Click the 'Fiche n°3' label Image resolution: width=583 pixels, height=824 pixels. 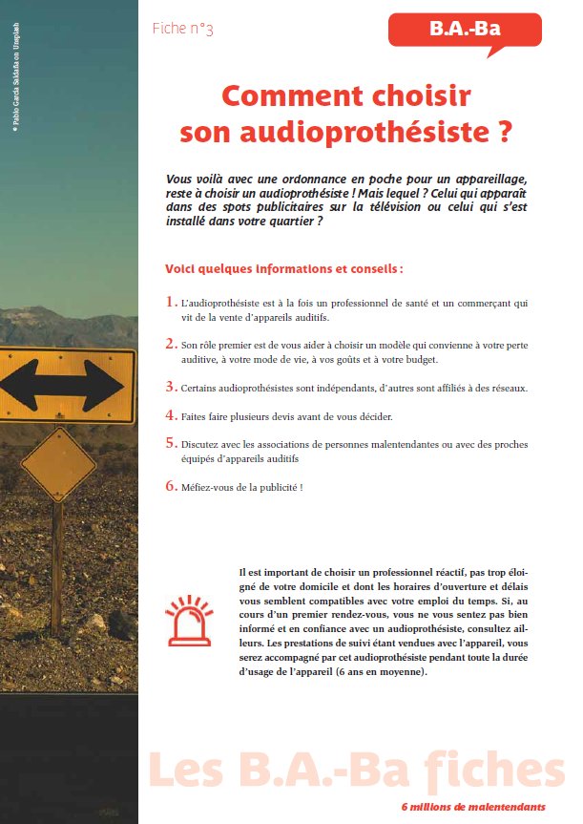click(182, 30)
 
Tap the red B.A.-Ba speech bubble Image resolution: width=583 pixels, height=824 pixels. click(466, 30)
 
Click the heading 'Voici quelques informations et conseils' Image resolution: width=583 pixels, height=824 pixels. click(283, 268)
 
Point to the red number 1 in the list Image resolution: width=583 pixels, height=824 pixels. click(171, 303)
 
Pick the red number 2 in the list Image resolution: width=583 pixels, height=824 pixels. click(171, 344)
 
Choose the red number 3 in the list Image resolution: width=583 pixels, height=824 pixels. click(171, 387)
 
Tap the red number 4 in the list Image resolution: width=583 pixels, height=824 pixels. click(171, 416)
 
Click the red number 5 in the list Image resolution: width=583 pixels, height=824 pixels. click(171, 444)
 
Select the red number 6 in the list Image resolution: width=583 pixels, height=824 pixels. click(171, 486)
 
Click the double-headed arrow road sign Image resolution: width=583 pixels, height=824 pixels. click(62, 386)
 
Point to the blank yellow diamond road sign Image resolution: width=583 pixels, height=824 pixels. click(58, 464)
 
